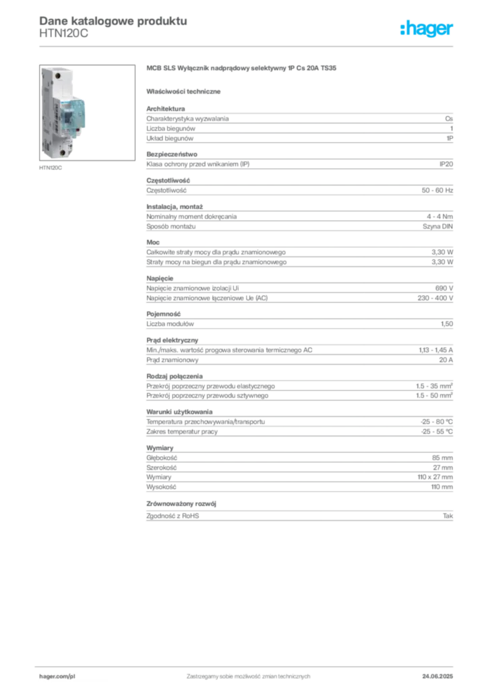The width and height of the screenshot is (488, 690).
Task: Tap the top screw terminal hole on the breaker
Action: pos(57,75)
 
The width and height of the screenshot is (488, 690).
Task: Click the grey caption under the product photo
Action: pos(52,167)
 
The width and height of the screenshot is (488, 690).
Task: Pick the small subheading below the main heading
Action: pos(185,90)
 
